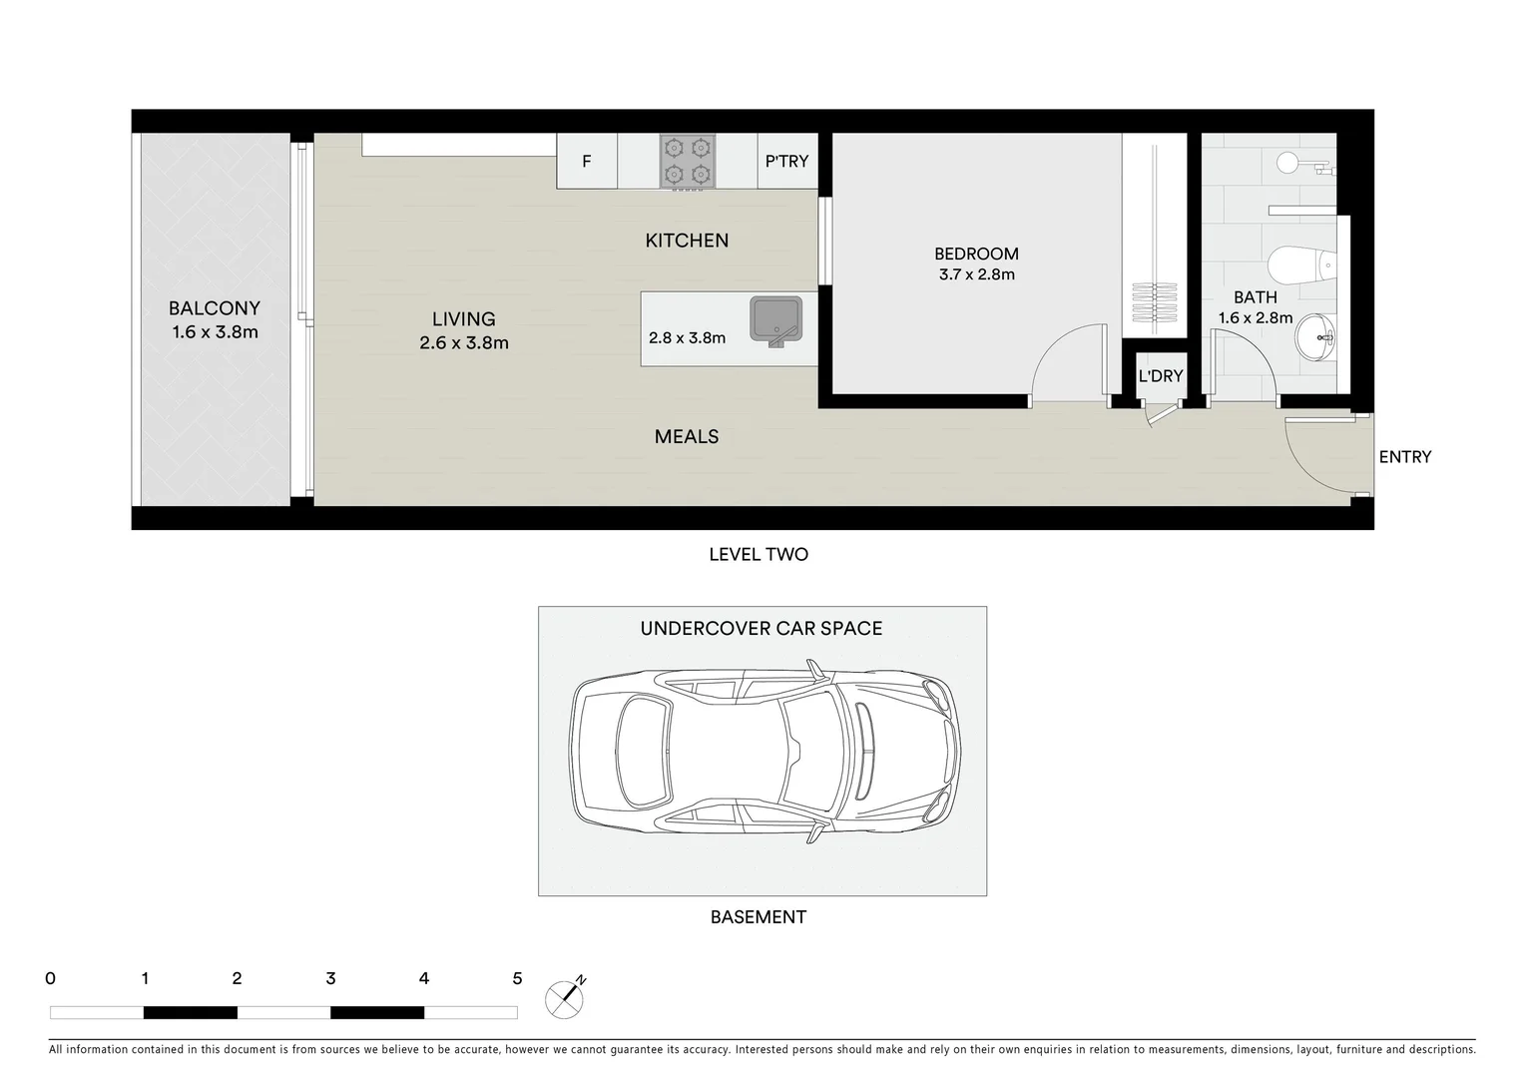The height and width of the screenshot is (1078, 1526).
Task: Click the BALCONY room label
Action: pyautogui.click(x=214, y=308)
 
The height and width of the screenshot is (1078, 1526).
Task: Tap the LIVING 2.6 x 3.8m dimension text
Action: pyautogui.click(x=464, y=342)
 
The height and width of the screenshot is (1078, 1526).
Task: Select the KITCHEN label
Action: pyautogui.click(x=687, y=241)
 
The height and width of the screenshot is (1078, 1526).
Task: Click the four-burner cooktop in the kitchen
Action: pyautogui.click(x=687, y=162)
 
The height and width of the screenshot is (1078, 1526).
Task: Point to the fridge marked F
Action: pyautogui.click(x=587, y=162)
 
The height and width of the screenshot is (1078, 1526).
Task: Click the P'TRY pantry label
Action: pyautogui.click(x=786, y=162)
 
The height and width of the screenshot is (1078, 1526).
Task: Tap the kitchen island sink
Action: pyautogui.click(x=776, y=320)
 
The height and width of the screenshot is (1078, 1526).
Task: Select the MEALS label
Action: pyautogui.click(x=687, y=436)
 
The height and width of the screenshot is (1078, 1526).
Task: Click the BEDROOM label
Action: pyautogui.click(x=976, y=254)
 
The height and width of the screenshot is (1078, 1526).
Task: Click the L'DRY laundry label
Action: pyautogui.click(x=1160, y=376)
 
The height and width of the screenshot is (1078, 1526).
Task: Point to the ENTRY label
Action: pyautogui.click(x=1404, y=457)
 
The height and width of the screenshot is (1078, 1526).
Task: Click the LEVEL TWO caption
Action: pyautogui.click(x=759, y=555)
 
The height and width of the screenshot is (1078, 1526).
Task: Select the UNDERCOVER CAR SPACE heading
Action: pyautogui.click(x=762, y=628)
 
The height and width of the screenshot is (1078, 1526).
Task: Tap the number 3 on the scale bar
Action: pyautogui.click(x=330, y=978)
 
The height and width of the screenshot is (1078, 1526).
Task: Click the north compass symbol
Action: pyautogui.click(x=565, y=998)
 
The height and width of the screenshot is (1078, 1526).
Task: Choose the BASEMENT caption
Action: pyautogui.click(x=759, y=916)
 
